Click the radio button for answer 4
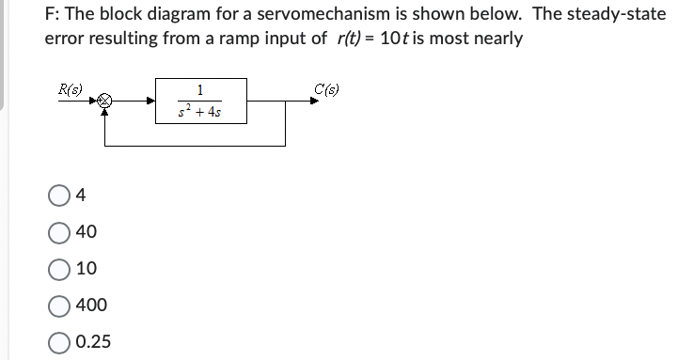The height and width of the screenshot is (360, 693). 59,196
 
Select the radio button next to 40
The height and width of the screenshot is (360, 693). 59,232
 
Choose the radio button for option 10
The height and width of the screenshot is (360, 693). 59,269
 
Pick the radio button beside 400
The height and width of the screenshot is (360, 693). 59,305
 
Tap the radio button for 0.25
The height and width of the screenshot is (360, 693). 59,341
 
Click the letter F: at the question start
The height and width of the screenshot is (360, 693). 53,15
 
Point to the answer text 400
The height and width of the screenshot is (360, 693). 91,305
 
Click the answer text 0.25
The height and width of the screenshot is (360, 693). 93,341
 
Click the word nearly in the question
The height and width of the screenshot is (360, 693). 498,39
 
